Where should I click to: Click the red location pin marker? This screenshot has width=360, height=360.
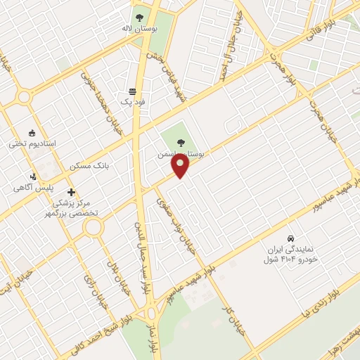tap(181, 165)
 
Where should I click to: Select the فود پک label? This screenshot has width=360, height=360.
tap(133, 102)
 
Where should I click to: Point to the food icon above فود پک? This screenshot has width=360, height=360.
tap(132, 91)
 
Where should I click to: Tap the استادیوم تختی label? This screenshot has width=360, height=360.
tap(32, 143)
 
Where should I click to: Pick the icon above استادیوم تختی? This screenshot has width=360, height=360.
tap(32, 132)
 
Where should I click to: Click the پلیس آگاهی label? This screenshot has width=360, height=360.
tap(32, 188)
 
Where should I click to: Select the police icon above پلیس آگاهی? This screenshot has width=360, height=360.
tap(32, 176)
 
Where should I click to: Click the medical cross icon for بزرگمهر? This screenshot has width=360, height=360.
tap(70, 192)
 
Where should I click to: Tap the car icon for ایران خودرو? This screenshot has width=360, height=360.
tap(291, 238)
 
